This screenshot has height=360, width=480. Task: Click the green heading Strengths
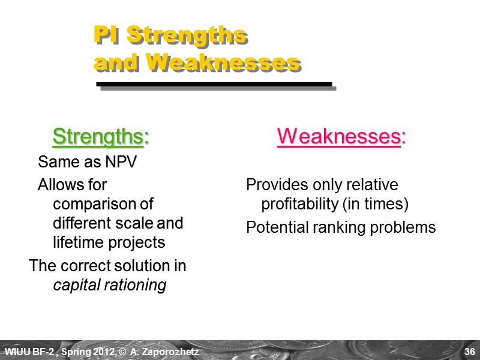click(x=100, y=137)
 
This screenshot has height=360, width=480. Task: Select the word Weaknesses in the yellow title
click(x=223, y=62)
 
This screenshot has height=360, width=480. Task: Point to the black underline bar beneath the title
click(x=214, y=84)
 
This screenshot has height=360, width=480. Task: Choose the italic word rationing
click(x=135, y=285)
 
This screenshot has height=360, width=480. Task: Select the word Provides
click(x=273, y=185)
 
